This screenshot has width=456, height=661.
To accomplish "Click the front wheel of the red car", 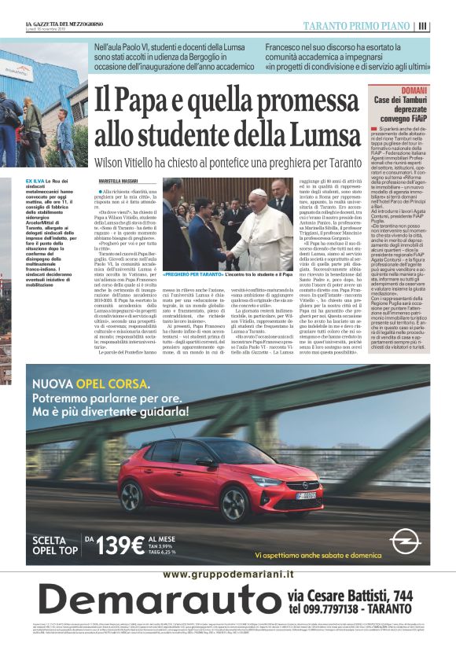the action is click(x=235, y=502).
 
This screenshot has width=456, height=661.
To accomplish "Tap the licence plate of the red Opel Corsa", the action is click(x=307, y=496).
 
